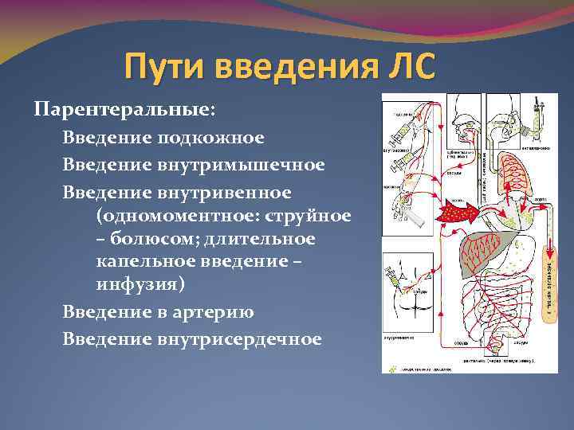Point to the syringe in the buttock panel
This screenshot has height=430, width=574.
[396, 279]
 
